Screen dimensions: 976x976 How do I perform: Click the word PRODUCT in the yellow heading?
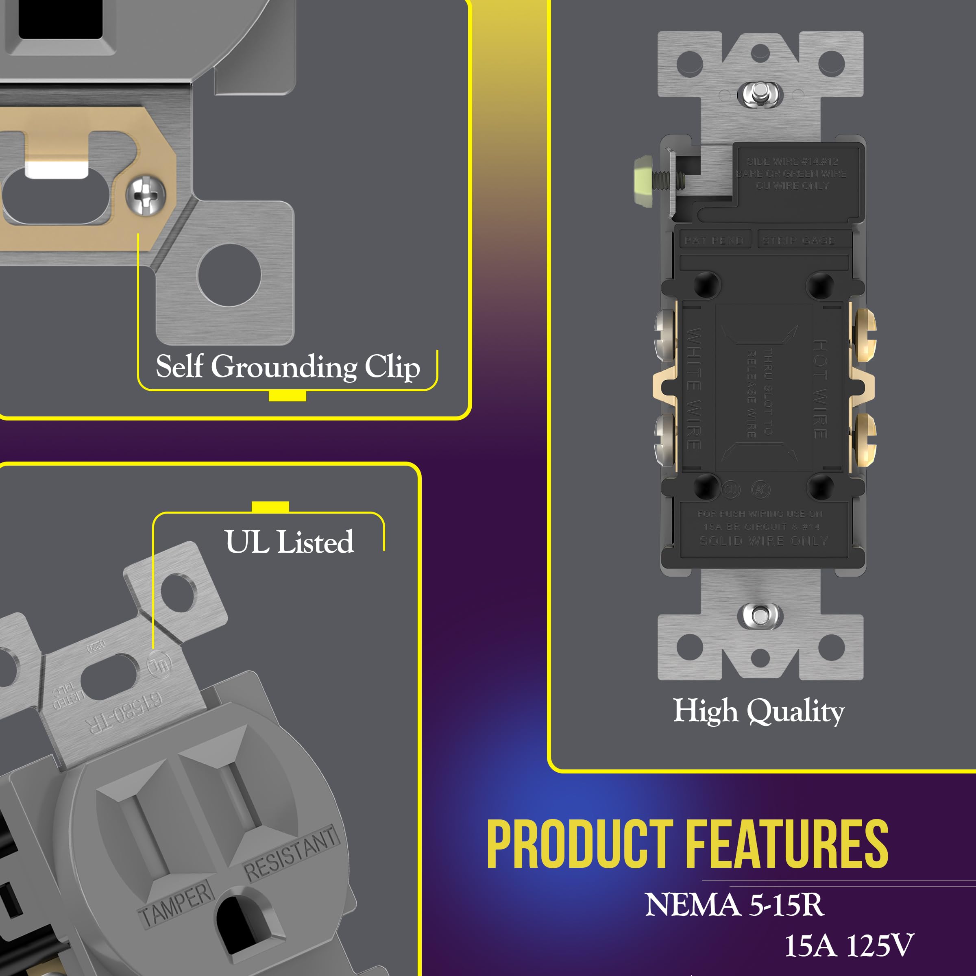pyautogui.click(x=579, y=844)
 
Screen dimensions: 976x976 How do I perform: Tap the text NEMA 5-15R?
pyautogui.click(x=734, y=905)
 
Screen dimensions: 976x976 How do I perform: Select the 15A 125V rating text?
pyautogui.click(x=849, y=945)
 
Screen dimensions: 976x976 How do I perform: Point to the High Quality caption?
pyautogui.click(x=758, y=711)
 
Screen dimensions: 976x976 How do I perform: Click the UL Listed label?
pyautogui.click(x=289, y=542)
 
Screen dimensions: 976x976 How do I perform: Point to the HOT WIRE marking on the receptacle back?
pyautogui.click(x=819, y=388)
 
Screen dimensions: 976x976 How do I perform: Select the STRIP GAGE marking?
pyautogui.click(x=798, y=240)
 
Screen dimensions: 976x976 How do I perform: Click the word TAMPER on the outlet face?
pyautogui.click(x=175, y=904)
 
